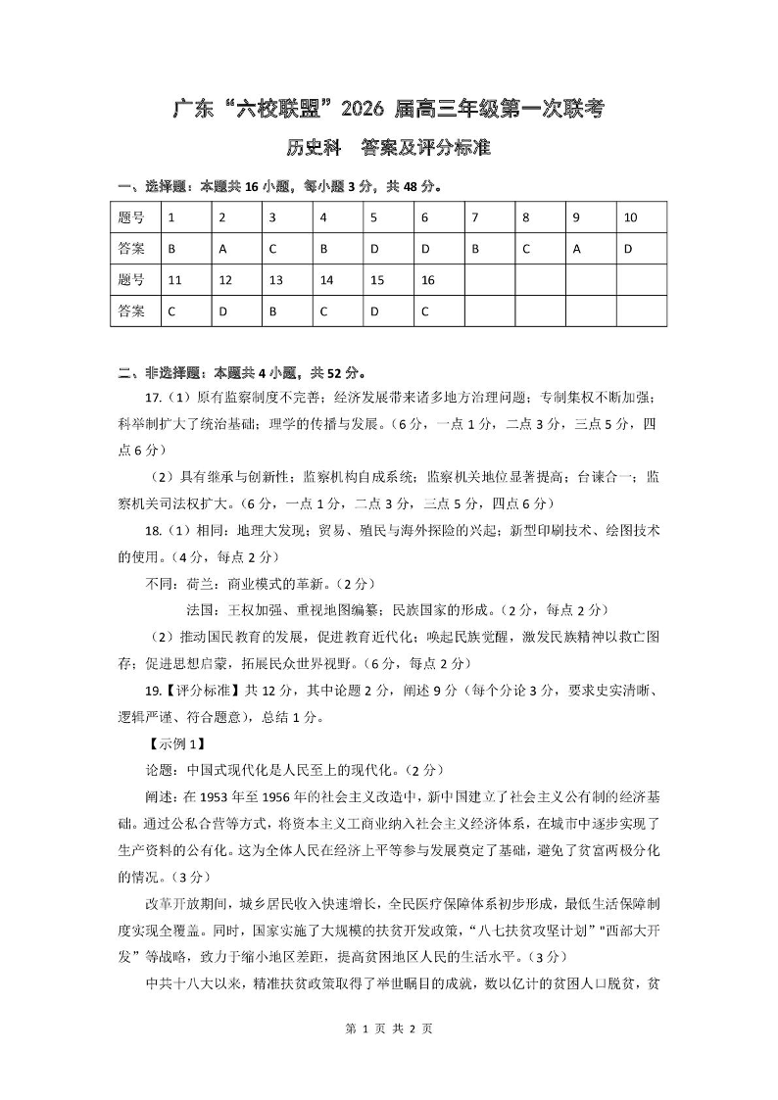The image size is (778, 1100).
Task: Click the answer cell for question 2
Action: click(236, 249)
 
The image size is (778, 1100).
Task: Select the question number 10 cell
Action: click(641, 217)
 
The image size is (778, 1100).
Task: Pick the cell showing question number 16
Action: click(438, 280)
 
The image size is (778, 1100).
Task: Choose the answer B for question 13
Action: click(287, 311)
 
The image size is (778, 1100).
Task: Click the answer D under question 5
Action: click(388, 249)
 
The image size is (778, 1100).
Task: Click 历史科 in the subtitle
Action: click(313, 149)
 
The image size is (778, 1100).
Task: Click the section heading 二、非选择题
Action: click(161, 372)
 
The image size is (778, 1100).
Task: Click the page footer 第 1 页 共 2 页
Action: click(389, 1056)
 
